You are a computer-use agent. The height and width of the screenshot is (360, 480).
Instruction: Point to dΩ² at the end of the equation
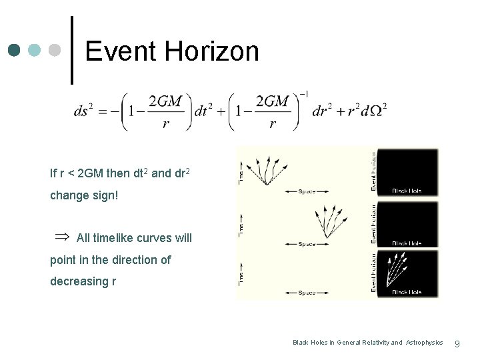click(x=373, y=109)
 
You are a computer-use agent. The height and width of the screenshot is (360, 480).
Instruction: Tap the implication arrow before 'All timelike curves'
click(x=61, y=237)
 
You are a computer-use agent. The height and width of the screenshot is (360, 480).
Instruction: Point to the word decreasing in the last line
click(x=78, y=281)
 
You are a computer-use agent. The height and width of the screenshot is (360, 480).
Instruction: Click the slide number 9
click(x=457, y=343)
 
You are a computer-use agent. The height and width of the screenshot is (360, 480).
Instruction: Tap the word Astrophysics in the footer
click(x=424, y=343)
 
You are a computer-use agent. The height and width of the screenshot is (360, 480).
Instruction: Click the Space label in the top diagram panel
click(x=307, y=191)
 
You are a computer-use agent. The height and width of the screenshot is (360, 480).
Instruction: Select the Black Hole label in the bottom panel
click(x=407, y=292)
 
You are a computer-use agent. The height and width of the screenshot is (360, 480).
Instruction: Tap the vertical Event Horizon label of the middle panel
click(x=375, y=223)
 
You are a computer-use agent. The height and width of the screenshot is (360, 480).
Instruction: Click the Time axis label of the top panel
click(x=241, y=175)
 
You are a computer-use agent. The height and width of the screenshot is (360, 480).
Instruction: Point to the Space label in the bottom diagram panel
click(x=307, y=293)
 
